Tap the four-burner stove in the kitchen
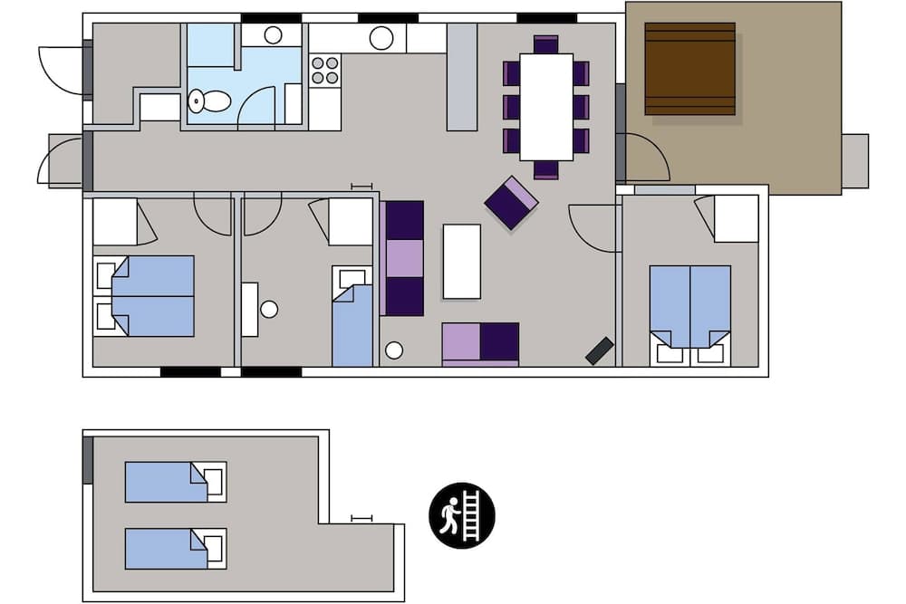[x=325, y=71]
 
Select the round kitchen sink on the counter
[x=381, y=38]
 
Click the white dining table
[x=546, y=106]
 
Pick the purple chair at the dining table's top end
[x=546, y=43]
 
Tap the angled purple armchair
[x=511, y=203]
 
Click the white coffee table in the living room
[x=461, y=261]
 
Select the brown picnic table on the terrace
[x=689, y=69]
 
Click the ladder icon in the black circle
[x=462, y=515]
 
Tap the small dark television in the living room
[x=600, y=350]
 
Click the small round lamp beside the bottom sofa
[x=393, y=350]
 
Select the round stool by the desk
[x=269, y=310]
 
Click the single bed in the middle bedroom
[x=352, y=321]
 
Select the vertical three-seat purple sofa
[x=404, y=258]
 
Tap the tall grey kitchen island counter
[x=462, y=77]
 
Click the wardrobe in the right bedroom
[x=736, y=218]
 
